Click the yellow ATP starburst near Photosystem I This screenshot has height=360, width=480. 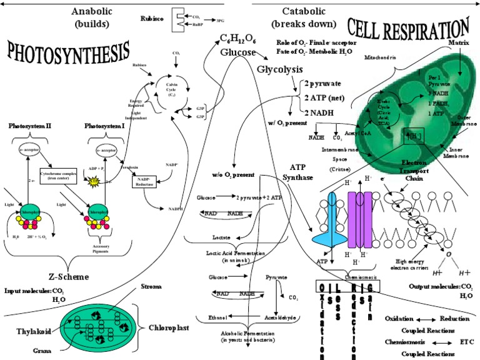click(x=96, y=181)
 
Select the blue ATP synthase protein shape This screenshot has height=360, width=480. click(x=332, y=219)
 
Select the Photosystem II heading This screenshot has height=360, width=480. click(x=29, y=126)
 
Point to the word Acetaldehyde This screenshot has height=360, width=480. click(x=278, y=317)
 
